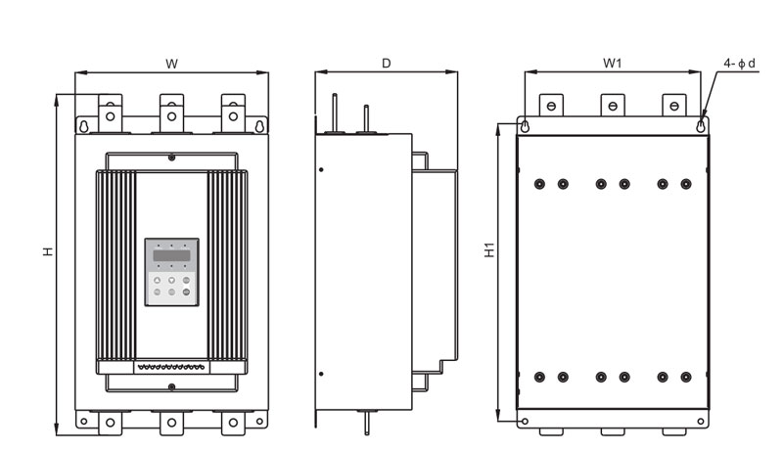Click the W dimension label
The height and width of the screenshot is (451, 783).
(172, 64)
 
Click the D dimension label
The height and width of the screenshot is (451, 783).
(386, 64)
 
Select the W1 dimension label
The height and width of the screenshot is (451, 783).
(613, 64)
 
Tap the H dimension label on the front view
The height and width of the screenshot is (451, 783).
(47, 251)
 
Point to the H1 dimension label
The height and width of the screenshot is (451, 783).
(490, 249)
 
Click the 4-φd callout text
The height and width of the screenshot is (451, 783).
(740, 64)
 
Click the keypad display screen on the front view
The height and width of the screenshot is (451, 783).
(171, 255)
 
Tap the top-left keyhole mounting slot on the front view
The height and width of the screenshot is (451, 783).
(84, 126)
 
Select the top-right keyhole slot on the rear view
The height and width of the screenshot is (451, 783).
(701, 126)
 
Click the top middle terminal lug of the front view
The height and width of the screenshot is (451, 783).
(172, 113)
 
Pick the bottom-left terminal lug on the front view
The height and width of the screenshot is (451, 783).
(110, 423)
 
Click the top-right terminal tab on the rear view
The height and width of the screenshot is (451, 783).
(673, 106)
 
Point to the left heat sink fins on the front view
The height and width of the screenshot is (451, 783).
(115, 265)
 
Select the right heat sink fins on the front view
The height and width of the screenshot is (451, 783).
(227, 265)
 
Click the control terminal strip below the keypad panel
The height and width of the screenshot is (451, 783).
(171, 368)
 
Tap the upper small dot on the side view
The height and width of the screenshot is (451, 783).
(321, 169)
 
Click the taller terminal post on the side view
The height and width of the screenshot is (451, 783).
(335, 113)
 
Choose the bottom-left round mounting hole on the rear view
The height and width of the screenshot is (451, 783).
(525, 422)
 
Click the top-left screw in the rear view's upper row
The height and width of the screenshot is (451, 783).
(539, 184)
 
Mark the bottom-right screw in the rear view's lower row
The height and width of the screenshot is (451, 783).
(686, 378)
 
